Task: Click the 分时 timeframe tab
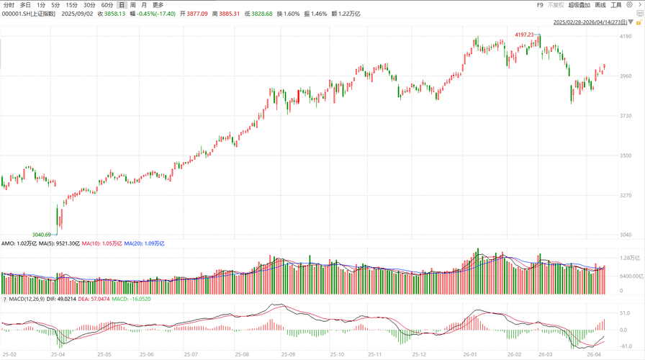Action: (9, 5)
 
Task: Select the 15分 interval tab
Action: (72, 5)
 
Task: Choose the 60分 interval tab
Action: (107, 5)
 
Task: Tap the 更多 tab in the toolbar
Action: (158, 5)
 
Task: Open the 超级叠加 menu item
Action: (579, 5)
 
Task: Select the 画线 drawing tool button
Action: (600, 5)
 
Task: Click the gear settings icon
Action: (628, 5)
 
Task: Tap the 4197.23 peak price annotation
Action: (524, 35)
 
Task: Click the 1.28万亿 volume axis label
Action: (631, 258)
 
